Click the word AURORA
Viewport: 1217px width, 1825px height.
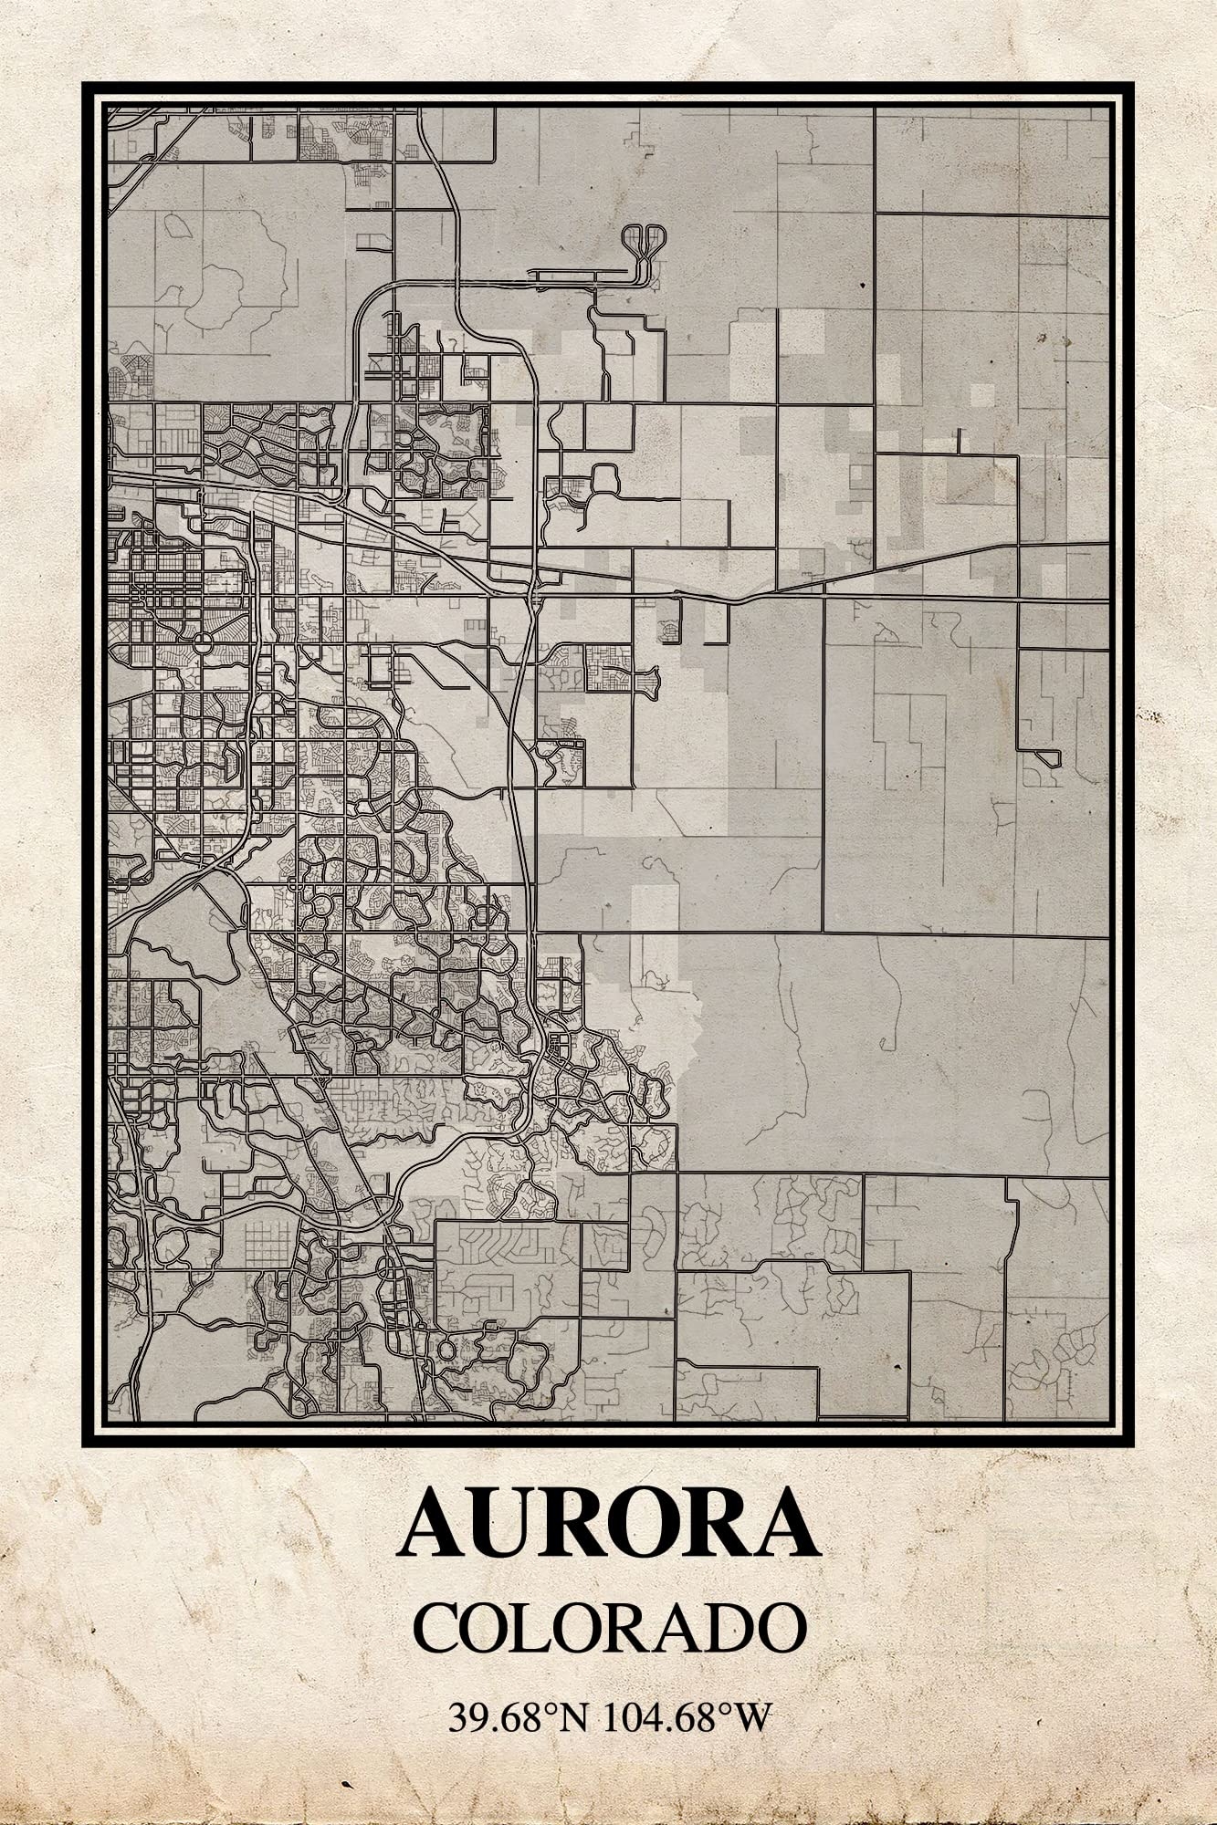[609, 1523]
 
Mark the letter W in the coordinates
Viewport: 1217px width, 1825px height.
[754, 1719]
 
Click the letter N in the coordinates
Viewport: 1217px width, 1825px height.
[572, 1719]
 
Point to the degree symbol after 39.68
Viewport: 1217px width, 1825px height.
[551, 1710]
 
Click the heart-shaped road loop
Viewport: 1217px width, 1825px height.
[643, 240]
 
